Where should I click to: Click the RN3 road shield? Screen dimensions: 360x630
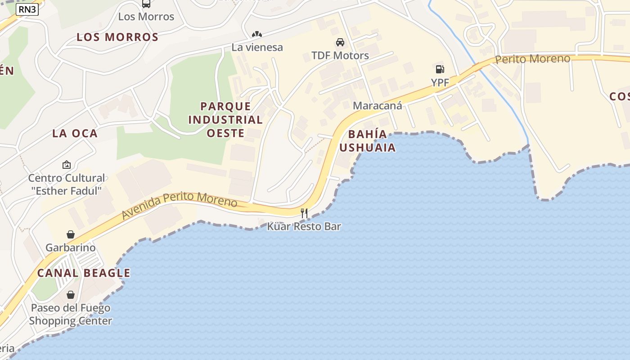click(27, 9)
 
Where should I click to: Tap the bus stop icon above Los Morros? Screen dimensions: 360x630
click(146, 4)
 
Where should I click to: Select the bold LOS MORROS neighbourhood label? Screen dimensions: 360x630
click(117, 37)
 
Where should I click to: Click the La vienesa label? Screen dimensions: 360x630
click(257, 47)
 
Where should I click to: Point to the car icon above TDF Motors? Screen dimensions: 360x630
click(340, 42)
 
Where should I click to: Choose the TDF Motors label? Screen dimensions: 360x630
click(340, 56)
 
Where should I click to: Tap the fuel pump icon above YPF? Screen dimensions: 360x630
click(440, 69)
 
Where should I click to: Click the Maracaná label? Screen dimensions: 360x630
click(377, 106)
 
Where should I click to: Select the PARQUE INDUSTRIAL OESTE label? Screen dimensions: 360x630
click(225, 120)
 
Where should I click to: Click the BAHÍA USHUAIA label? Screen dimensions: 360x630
click(368, 141)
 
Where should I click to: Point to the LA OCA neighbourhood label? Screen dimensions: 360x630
click(75, 133)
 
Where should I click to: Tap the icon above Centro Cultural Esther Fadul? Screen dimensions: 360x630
click(67, 165)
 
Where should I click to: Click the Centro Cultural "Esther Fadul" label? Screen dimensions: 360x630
click(67, 184)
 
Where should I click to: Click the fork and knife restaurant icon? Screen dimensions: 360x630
click(304, 213)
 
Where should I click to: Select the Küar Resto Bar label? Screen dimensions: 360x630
click(304, 226)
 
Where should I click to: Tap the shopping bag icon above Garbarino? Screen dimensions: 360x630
click(71, 234)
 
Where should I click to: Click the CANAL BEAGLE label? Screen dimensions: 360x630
click(84, 273)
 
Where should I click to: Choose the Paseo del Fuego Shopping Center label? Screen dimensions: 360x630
click(71, 315)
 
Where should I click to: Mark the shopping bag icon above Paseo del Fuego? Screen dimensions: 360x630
click(71, 295)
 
